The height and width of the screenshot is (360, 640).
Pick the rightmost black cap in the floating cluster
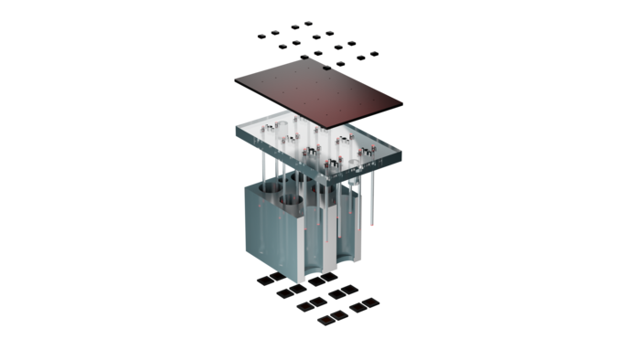(x=374, y=52)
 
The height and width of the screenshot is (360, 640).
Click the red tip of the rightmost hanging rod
(x=374, y=222)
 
